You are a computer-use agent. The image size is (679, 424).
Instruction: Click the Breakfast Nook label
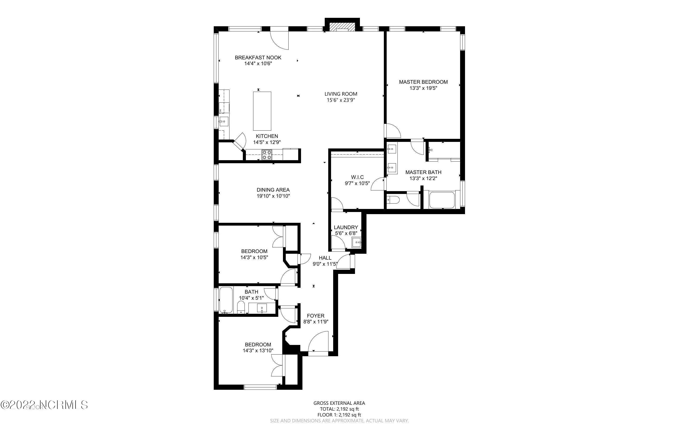click(258, 57)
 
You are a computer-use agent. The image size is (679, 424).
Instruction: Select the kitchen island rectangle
click(262, 111)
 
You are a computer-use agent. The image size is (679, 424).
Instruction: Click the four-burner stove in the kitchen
click(267, 155)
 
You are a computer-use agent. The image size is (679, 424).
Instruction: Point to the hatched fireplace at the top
click(342, 27)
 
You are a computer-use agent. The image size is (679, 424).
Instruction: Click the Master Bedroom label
click(423, 82)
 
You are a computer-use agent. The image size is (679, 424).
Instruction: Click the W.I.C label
click(357, 177)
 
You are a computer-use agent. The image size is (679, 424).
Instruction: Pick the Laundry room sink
click(356, 242)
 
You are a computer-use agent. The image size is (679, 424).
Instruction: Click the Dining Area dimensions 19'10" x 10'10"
click(273, 196)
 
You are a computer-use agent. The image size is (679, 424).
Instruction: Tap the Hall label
click(325, 258)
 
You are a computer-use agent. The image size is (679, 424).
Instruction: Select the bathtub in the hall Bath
click(226, 300)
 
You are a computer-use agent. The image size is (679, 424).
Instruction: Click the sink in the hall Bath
click(262, 308)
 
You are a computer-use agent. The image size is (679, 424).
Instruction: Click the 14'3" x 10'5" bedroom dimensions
click(254, 257)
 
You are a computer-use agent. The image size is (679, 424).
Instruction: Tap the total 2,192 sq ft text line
click(339, 409)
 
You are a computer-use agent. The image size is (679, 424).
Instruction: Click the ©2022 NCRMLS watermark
click(44, 405)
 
